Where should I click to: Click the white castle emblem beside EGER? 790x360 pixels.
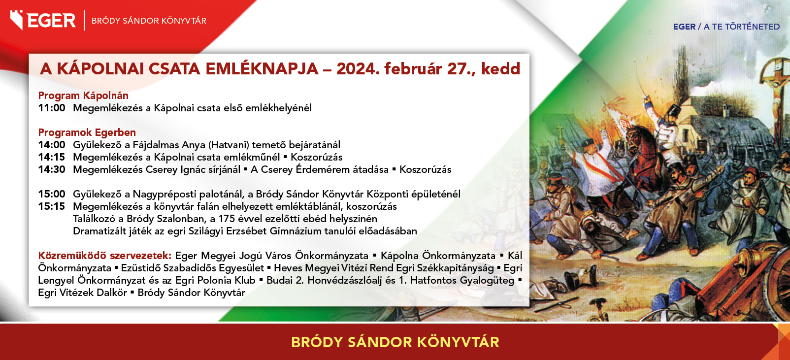tap(17, 20)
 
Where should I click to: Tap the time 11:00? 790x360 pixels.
tap(52, 108)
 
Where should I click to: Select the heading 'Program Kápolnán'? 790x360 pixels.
tap(83, 96)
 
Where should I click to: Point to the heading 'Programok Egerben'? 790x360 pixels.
tap(87, 132)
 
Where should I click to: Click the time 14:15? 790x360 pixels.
tap(52, 157)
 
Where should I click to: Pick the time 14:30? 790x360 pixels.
tap(52, 169)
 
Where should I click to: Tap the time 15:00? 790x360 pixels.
tap(52, 194)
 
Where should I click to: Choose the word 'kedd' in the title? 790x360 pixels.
tap(501, 69)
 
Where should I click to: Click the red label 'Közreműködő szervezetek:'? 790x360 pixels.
tap(105, 256)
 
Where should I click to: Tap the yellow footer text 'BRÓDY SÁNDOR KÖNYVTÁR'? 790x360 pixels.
tap(395, 342)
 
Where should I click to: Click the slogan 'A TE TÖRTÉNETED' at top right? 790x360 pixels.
tap(742, 27)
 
